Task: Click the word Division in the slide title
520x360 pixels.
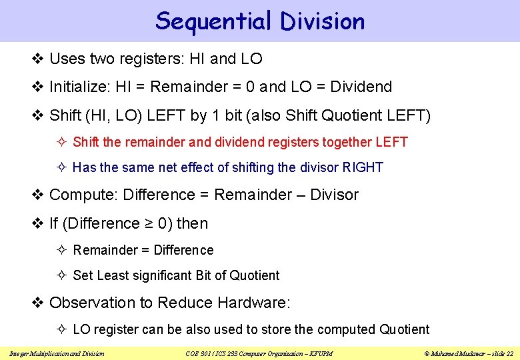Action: tap(323, 21)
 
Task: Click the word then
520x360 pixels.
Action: tap(192, 223)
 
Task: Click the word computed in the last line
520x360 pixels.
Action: tap(347, 329)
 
